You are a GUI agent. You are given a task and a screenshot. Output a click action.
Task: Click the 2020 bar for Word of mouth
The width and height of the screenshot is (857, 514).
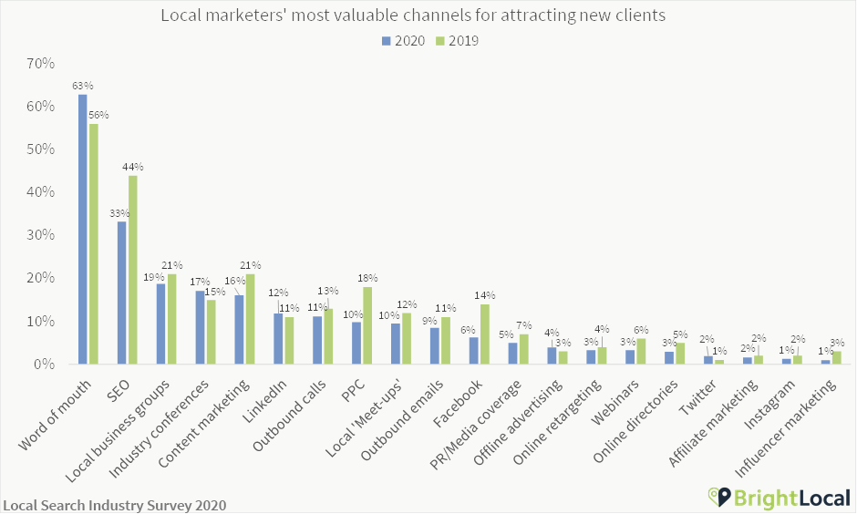(83, 229)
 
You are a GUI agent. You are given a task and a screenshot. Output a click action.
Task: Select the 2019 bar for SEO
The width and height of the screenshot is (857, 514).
(133, 270)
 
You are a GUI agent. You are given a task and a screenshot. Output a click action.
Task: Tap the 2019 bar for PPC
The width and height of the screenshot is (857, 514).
(367, 325)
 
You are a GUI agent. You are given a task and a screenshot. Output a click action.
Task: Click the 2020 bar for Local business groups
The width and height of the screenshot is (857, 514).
(161, 324)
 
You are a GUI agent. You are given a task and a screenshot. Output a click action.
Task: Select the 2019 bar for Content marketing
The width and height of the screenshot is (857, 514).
(251, 319)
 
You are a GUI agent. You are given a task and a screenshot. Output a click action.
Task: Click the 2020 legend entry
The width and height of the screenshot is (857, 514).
(403, 41)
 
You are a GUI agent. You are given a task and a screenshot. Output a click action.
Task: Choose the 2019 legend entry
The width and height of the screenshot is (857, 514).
(457, 41)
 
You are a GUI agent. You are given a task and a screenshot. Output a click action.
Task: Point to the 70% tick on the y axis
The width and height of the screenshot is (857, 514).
(41, 64)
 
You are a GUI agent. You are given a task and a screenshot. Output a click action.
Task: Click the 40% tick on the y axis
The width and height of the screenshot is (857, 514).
(41, 192)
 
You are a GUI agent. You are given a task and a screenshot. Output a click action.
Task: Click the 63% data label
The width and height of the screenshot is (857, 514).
(82, 86)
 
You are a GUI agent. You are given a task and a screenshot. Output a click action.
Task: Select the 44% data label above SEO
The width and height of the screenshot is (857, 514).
(133, 167)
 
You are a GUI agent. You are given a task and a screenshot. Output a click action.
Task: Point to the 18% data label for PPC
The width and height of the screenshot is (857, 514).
(367, 278)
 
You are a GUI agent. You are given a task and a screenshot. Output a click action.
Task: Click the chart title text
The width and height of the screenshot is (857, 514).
(413, 15)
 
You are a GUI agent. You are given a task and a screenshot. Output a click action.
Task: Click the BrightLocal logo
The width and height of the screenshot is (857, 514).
(779, 497)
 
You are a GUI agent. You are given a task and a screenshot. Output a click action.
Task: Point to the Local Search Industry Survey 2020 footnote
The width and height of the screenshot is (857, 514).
(114, 505)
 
